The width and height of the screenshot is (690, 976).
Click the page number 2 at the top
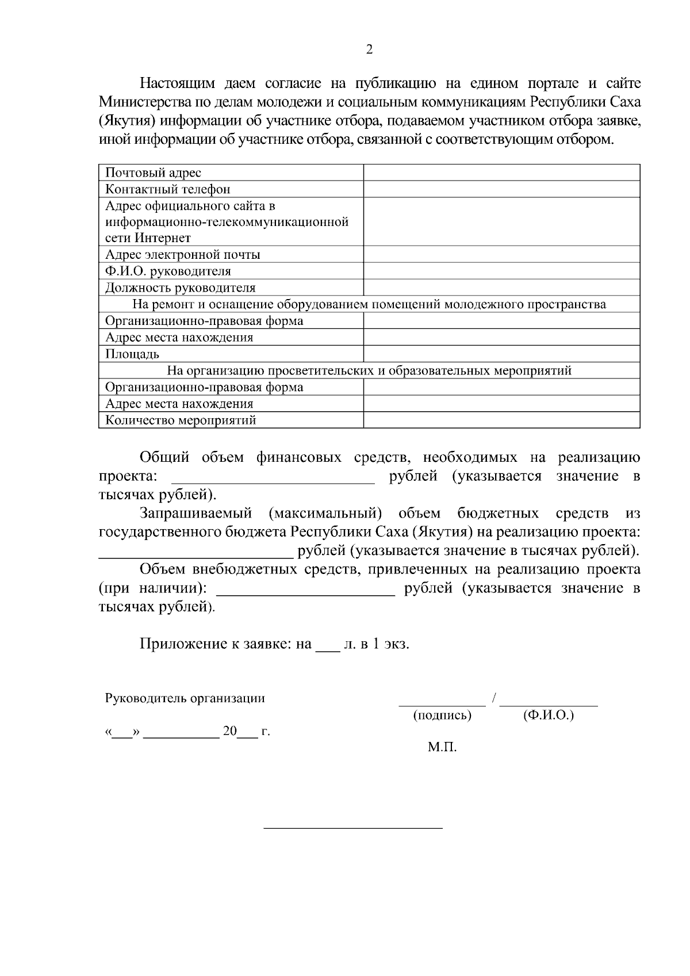click(x=369, y=50)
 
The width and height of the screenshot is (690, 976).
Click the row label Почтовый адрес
click(x=153, y=173)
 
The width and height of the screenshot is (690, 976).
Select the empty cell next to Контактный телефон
click(x=501, y=189)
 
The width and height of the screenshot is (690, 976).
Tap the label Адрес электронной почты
click(x=182, y=254)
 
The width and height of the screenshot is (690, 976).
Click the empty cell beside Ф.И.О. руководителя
click(x=501, y=271)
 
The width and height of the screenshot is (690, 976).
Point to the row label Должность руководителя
click(x=180, y=288)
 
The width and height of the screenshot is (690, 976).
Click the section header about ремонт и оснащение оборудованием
click(x=369, y=304)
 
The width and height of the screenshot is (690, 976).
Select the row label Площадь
click(x=132, y=354)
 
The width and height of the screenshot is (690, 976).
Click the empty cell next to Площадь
click(x=501, y=354)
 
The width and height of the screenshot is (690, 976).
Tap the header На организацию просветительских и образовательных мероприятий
click(x=369, y=370)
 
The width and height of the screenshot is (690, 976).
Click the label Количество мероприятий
click(x=181, y=420)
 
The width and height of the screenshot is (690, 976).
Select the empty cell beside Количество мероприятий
click(x=501, y=420)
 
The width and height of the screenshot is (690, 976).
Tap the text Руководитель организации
click(x=185, y=698)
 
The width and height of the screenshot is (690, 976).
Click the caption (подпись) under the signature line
click(x=442, y=715)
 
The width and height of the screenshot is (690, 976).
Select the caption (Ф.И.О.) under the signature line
click(x=549, y=715)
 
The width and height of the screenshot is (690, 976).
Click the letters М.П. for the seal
click(x=442, y=748)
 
